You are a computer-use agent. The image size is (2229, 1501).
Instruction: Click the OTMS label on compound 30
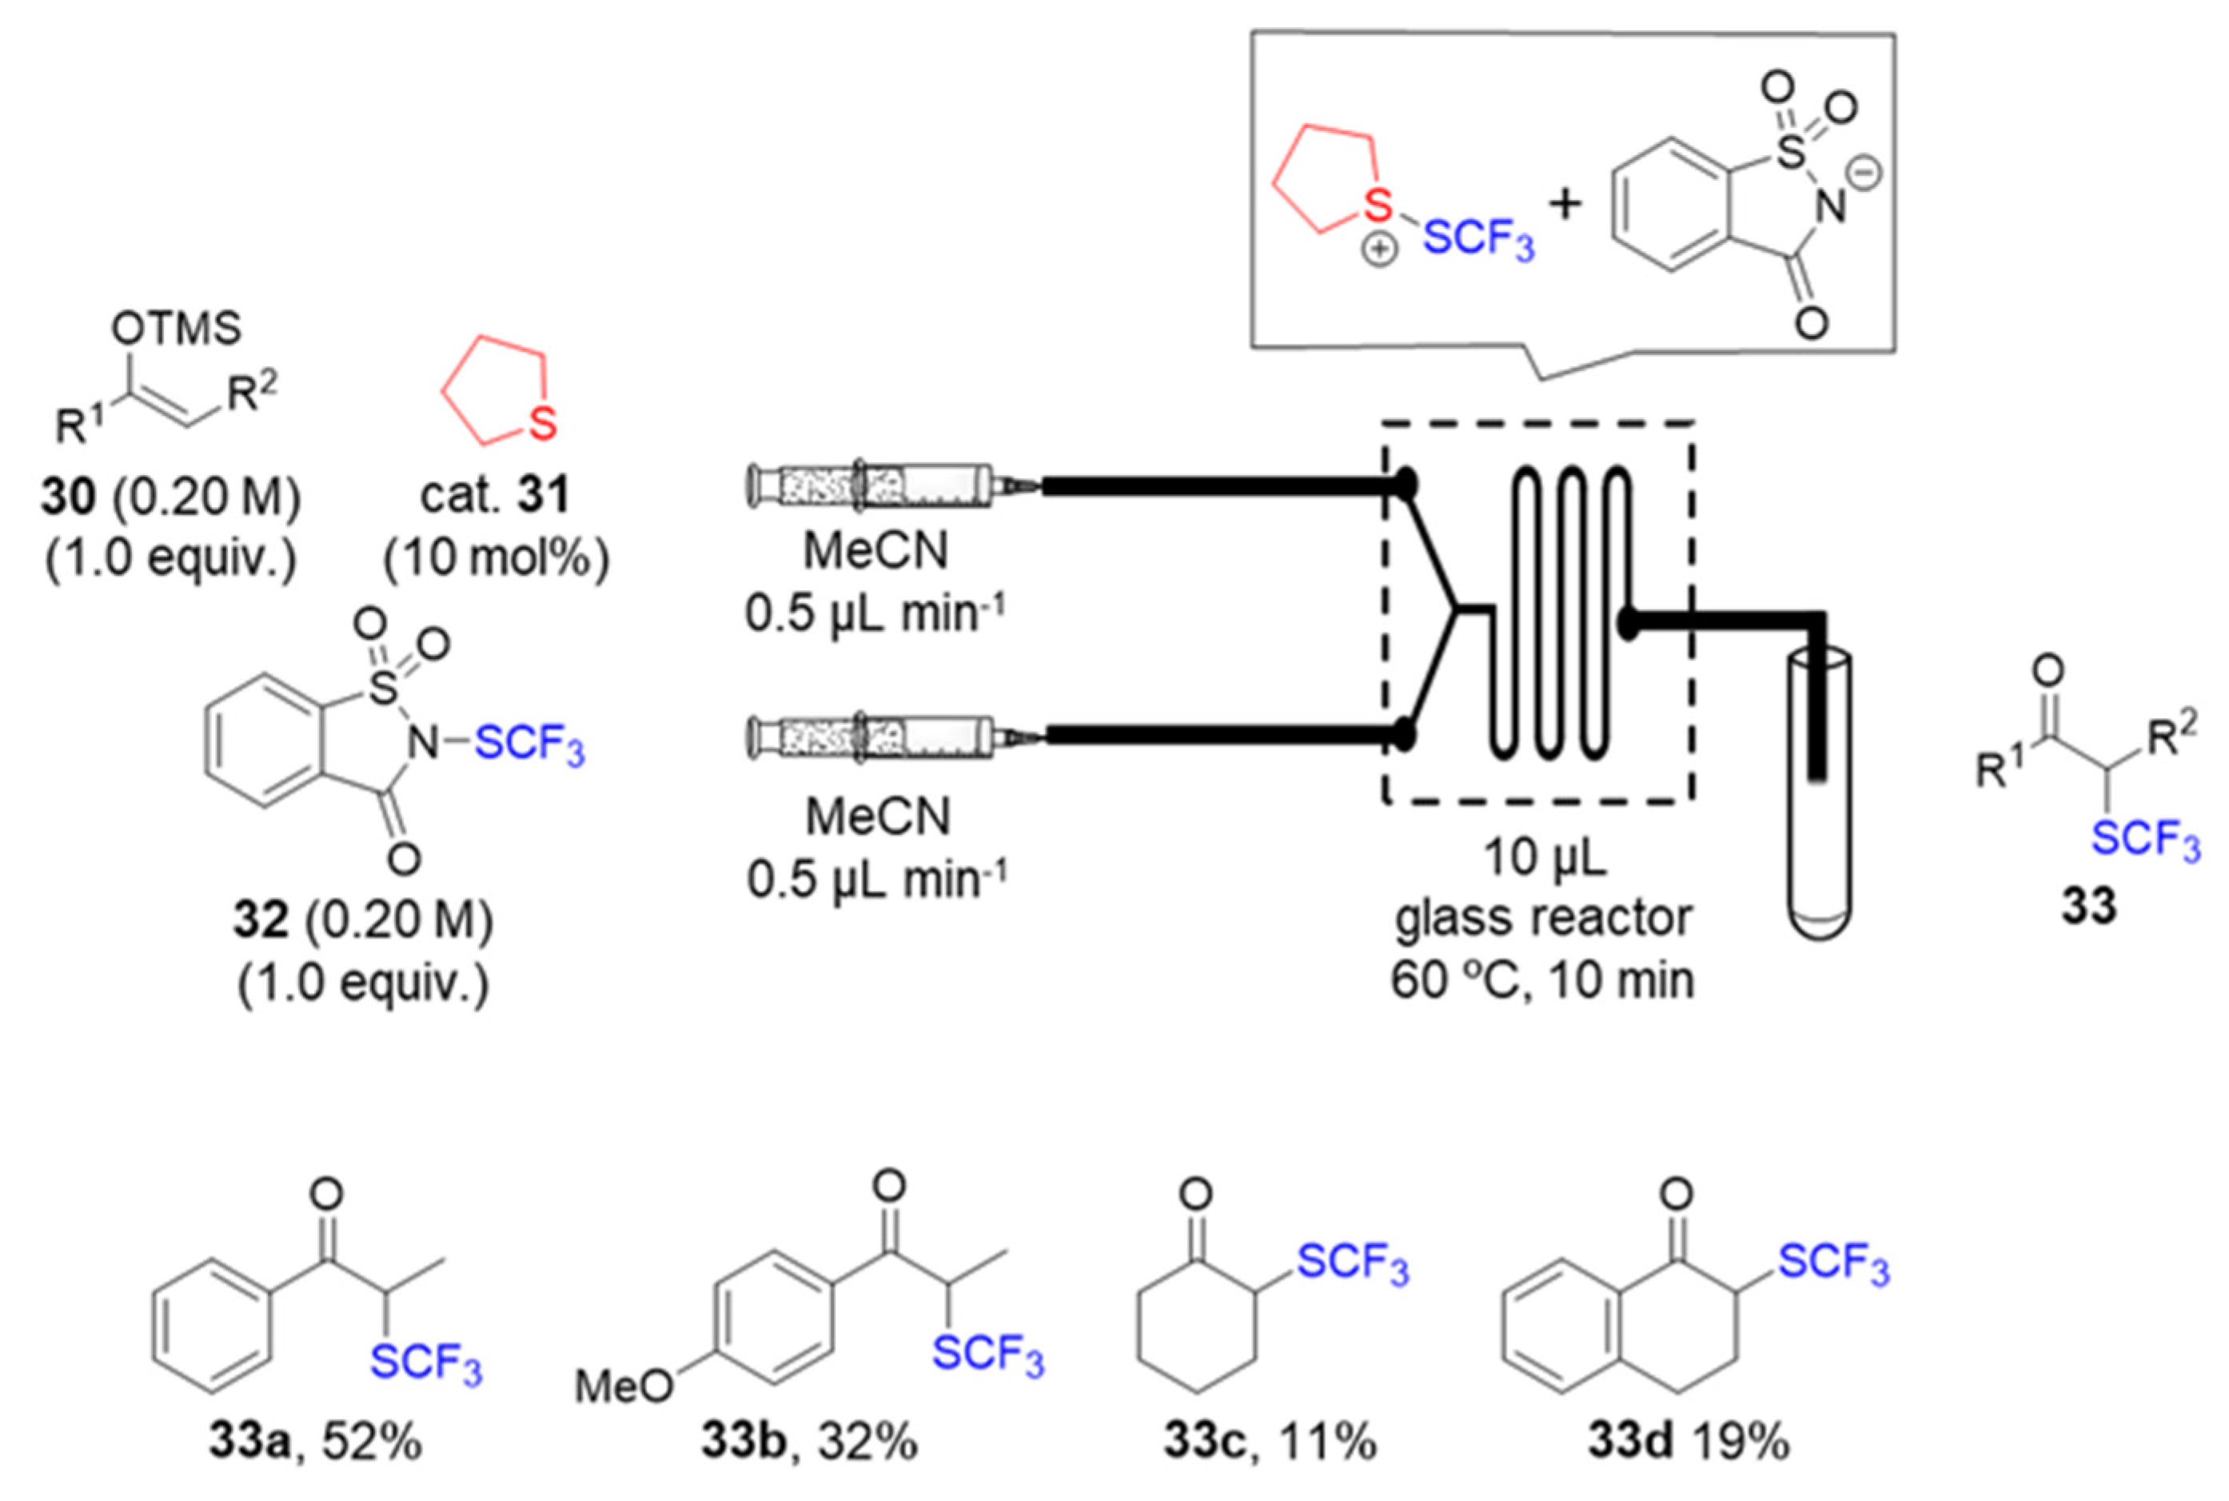click(176, 329)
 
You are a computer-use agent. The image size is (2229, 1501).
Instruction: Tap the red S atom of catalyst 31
click(543, 424)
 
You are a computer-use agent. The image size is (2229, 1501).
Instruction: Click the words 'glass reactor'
click(1543, 918)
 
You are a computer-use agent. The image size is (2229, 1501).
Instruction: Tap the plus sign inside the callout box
click(1565, 205)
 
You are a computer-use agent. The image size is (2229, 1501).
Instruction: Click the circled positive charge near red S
click(1379, 252)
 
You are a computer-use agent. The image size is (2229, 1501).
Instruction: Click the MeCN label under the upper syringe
click(877, 552)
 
